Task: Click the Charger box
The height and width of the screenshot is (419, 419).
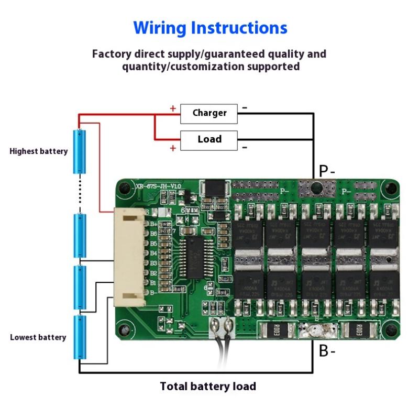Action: point(209,113)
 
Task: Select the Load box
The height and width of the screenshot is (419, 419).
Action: point(209,139)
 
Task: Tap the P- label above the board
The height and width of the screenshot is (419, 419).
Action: point(327,171)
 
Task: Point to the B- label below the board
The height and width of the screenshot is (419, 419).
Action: point(327,351)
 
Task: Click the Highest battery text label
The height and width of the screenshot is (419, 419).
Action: point(39,151)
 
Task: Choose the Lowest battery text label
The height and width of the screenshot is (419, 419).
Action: point(38,337)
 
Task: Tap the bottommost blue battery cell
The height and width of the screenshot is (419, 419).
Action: point(79,337)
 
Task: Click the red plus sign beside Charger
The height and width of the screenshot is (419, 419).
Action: point(172,109)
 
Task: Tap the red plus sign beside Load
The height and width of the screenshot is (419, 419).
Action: point(172,148)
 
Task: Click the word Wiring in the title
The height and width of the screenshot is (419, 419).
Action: point(160,27)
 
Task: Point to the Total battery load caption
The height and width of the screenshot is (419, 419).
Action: point(208,387)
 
